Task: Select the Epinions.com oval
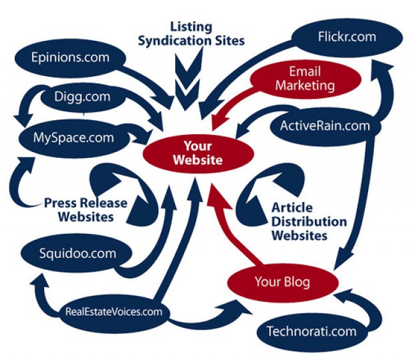[x=70, y=58]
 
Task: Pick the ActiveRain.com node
[x=325, y=125]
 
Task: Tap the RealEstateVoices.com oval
[x=114, y=313]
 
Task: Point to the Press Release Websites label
[x=86, y=210]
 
